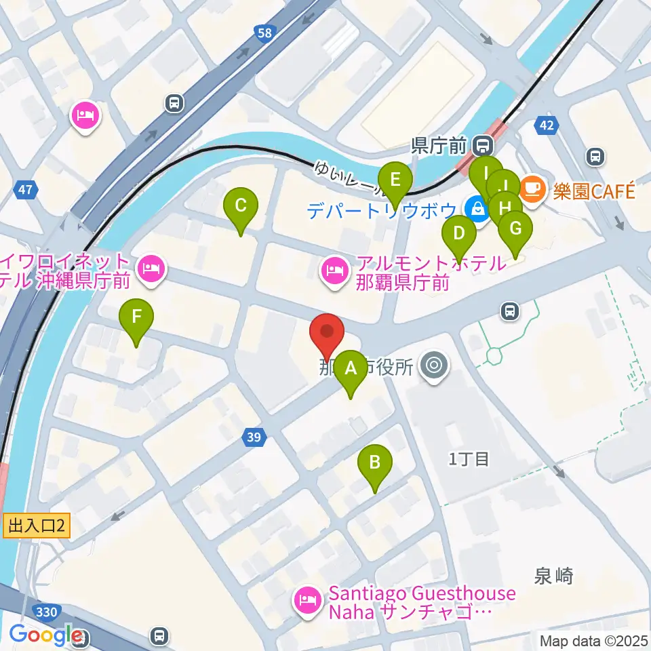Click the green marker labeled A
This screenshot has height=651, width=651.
351,369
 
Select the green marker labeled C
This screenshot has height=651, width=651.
240,205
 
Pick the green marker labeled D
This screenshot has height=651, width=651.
459,235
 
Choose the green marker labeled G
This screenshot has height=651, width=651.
515,229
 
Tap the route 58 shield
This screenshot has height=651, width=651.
266,33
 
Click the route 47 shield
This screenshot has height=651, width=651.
25,191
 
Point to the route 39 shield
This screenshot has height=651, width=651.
253,438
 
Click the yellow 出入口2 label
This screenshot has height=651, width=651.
37,525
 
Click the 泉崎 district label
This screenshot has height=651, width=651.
554,576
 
